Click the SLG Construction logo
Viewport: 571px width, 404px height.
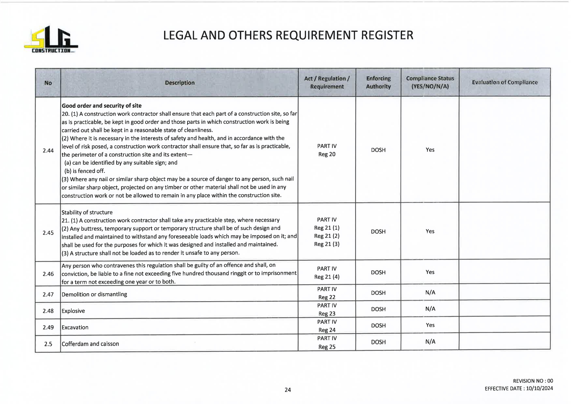click(51, 40)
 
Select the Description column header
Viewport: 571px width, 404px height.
click(179, 83)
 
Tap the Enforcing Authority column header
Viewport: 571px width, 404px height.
click(378, 82)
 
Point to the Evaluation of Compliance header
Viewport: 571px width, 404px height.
click(505, 82)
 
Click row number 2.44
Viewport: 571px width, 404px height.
click(48, 151)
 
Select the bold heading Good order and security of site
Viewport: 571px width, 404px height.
click(102, 106)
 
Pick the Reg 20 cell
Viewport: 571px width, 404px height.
click(327, 154)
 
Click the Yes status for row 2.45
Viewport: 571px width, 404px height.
click(430, 231)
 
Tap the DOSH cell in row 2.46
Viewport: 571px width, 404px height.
click(378, 272)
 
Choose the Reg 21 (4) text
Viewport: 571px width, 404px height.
click(327, 277)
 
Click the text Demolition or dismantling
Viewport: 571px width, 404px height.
click(94, 295)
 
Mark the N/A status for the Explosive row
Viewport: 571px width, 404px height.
click(430, 309)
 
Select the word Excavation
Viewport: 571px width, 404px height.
click(75, 327)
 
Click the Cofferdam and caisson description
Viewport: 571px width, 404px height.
click(90, 344)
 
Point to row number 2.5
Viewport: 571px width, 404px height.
click(48, 344)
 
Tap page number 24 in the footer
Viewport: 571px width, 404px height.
click(288, 390)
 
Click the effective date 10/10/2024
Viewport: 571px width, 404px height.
click(539, 388)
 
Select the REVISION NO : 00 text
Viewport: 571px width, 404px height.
click(533, 381)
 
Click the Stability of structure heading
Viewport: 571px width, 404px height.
click(87, 212)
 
